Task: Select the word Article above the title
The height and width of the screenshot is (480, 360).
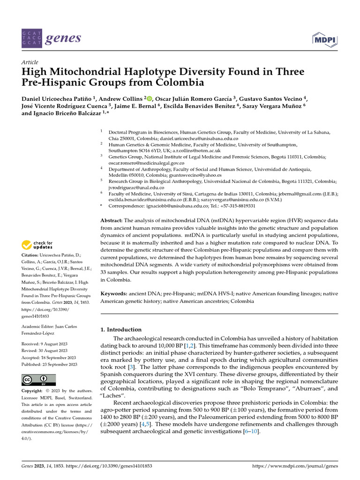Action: click(30, 62)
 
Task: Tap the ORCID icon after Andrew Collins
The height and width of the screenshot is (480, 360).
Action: click(150, 98)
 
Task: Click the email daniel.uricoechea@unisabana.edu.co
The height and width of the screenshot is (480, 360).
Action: click(199, 139)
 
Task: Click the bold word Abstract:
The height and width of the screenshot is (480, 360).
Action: click(112, 220)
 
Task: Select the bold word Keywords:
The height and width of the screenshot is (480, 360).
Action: click(113, 293)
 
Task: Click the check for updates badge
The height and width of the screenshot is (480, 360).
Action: click(38, 245)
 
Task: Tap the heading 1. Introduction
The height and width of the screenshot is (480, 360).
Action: click(121, 330)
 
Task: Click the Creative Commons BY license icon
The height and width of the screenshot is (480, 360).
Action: click(38, 380)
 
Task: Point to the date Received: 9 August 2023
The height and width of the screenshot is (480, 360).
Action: click(43, 344)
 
